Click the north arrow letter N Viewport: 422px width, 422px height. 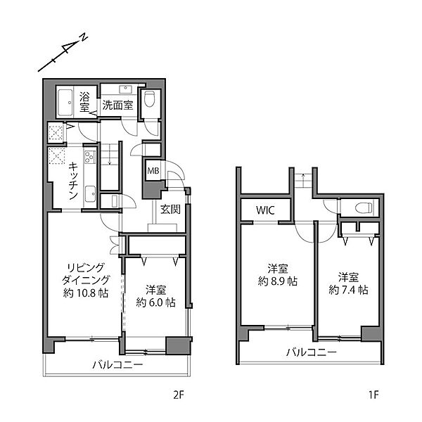[x=84, y=37]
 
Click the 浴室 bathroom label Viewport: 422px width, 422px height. [x=84, y=102]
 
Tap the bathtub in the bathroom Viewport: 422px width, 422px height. [x=65, y=102]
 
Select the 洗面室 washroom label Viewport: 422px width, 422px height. [x=117, y=105]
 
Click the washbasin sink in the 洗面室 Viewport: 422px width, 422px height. [x=125, y=89]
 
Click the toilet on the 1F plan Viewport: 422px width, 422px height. [x=364, y=207]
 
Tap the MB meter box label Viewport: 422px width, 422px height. [x=153, y=171]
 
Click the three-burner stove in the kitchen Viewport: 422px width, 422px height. [x=90, y=157]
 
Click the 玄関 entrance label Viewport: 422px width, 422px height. [x=170, y=209]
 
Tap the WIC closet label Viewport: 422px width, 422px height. [x=265, y=210]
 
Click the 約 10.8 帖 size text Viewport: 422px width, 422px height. [x=86, y=293]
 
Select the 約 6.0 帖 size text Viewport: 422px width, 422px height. [x=156, y=302]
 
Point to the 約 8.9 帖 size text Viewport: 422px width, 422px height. [x=278, y=281]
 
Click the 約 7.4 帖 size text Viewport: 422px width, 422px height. [x=349, y=290]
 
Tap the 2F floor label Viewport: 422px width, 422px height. [x=178, y=395]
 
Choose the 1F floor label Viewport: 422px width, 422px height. [x=374, y=395]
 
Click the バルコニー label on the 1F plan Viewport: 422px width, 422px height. [x=312, y=352]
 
